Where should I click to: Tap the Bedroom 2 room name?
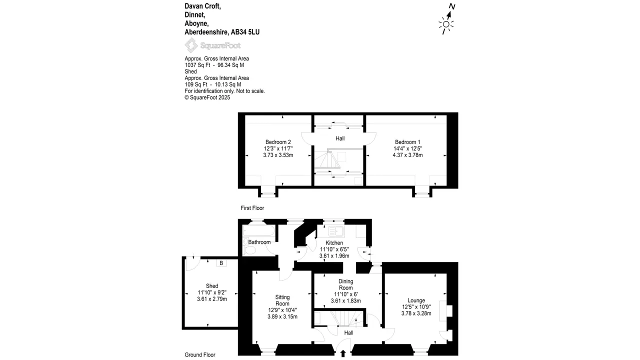(278, 142)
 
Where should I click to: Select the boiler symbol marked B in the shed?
(221, 263)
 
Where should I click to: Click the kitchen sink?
(336, 231)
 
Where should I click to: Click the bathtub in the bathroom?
(258, 230)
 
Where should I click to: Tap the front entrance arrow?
(343, 353)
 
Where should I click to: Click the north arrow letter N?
(451, 6)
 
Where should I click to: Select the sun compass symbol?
(446, 24)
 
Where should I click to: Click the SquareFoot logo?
(212, 45)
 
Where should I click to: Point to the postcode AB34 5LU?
(245, 32)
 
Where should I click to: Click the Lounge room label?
(416, 300)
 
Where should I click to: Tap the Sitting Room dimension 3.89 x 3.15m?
(282, 316)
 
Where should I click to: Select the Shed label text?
(212, 286)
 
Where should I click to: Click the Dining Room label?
(345, 284)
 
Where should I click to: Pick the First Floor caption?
(252, 208)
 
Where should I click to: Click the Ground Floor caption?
(200, 355)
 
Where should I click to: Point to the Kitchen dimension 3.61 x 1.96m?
(334, 256)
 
